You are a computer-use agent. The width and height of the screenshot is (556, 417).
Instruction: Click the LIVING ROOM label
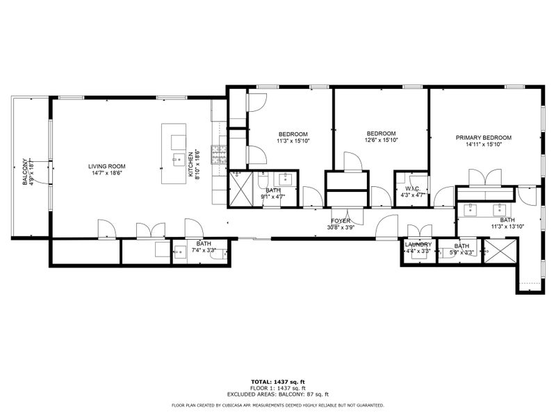pyautogui.click(x=107, y=166)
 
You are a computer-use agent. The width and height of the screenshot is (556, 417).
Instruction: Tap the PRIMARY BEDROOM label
pyautogui.click(x=484, y=138)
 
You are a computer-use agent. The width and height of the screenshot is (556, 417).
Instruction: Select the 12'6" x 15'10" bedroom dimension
pyautogui.click(x=382, y=140)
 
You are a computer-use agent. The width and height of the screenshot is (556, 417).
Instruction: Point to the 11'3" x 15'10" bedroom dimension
pyautogui.click(x=293, y=141)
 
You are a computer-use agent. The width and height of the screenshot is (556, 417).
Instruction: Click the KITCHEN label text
pyautogui.click(x=190, y=164)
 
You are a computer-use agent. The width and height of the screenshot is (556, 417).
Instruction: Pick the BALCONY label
pyautogui.click(x=25, y=172)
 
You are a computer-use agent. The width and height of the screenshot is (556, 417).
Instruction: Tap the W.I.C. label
pyautogui.click(x=413, y=189)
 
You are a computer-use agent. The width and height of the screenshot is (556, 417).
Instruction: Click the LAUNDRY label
pyautogui.click(x=418, y=245)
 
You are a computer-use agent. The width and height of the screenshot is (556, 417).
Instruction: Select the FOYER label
pyautogui.click(x=341, y=221)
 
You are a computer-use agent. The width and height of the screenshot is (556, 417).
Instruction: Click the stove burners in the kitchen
pyautogui.click(x=219, y=154)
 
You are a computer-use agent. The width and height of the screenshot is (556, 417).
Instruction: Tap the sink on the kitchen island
pyautogui.click(x=179, y=160)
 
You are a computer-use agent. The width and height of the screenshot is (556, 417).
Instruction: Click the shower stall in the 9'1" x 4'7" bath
pyautogui.click(x=240, y=188)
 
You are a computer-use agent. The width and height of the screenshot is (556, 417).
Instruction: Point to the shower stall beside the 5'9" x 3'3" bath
pyautogui.click(x=500, y=251)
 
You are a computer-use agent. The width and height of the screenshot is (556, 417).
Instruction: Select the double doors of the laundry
pyautogui.click(x=420, y=231)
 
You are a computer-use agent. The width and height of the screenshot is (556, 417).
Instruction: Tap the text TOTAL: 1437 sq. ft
pyautogui.click(x=278, y=382)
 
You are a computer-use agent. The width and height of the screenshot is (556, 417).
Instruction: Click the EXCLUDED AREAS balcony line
pyautogui.click(x=278, y=394)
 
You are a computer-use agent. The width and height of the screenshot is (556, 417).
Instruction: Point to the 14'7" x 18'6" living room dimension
pyautogui.click(x=107, y=173)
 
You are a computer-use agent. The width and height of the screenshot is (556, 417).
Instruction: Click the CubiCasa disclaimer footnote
pyautogui.click(x=278, y=405)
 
